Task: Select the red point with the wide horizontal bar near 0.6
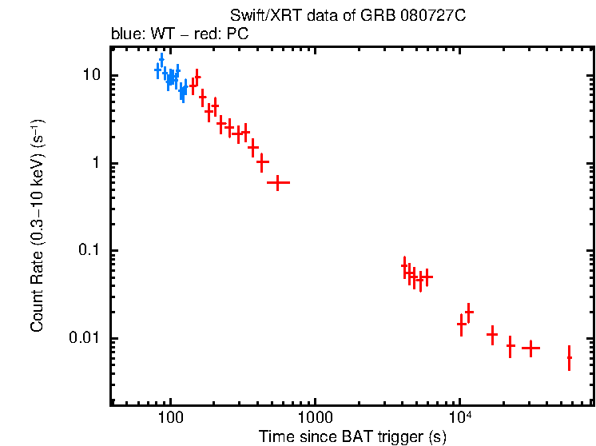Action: [277, 183]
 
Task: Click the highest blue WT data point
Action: [161, 60]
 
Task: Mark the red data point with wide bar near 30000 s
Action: [530, 348]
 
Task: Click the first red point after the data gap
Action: [405, 266]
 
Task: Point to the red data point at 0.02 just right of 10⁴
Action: [469, 312]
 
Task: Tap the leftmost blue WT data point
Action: [157, 70]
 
